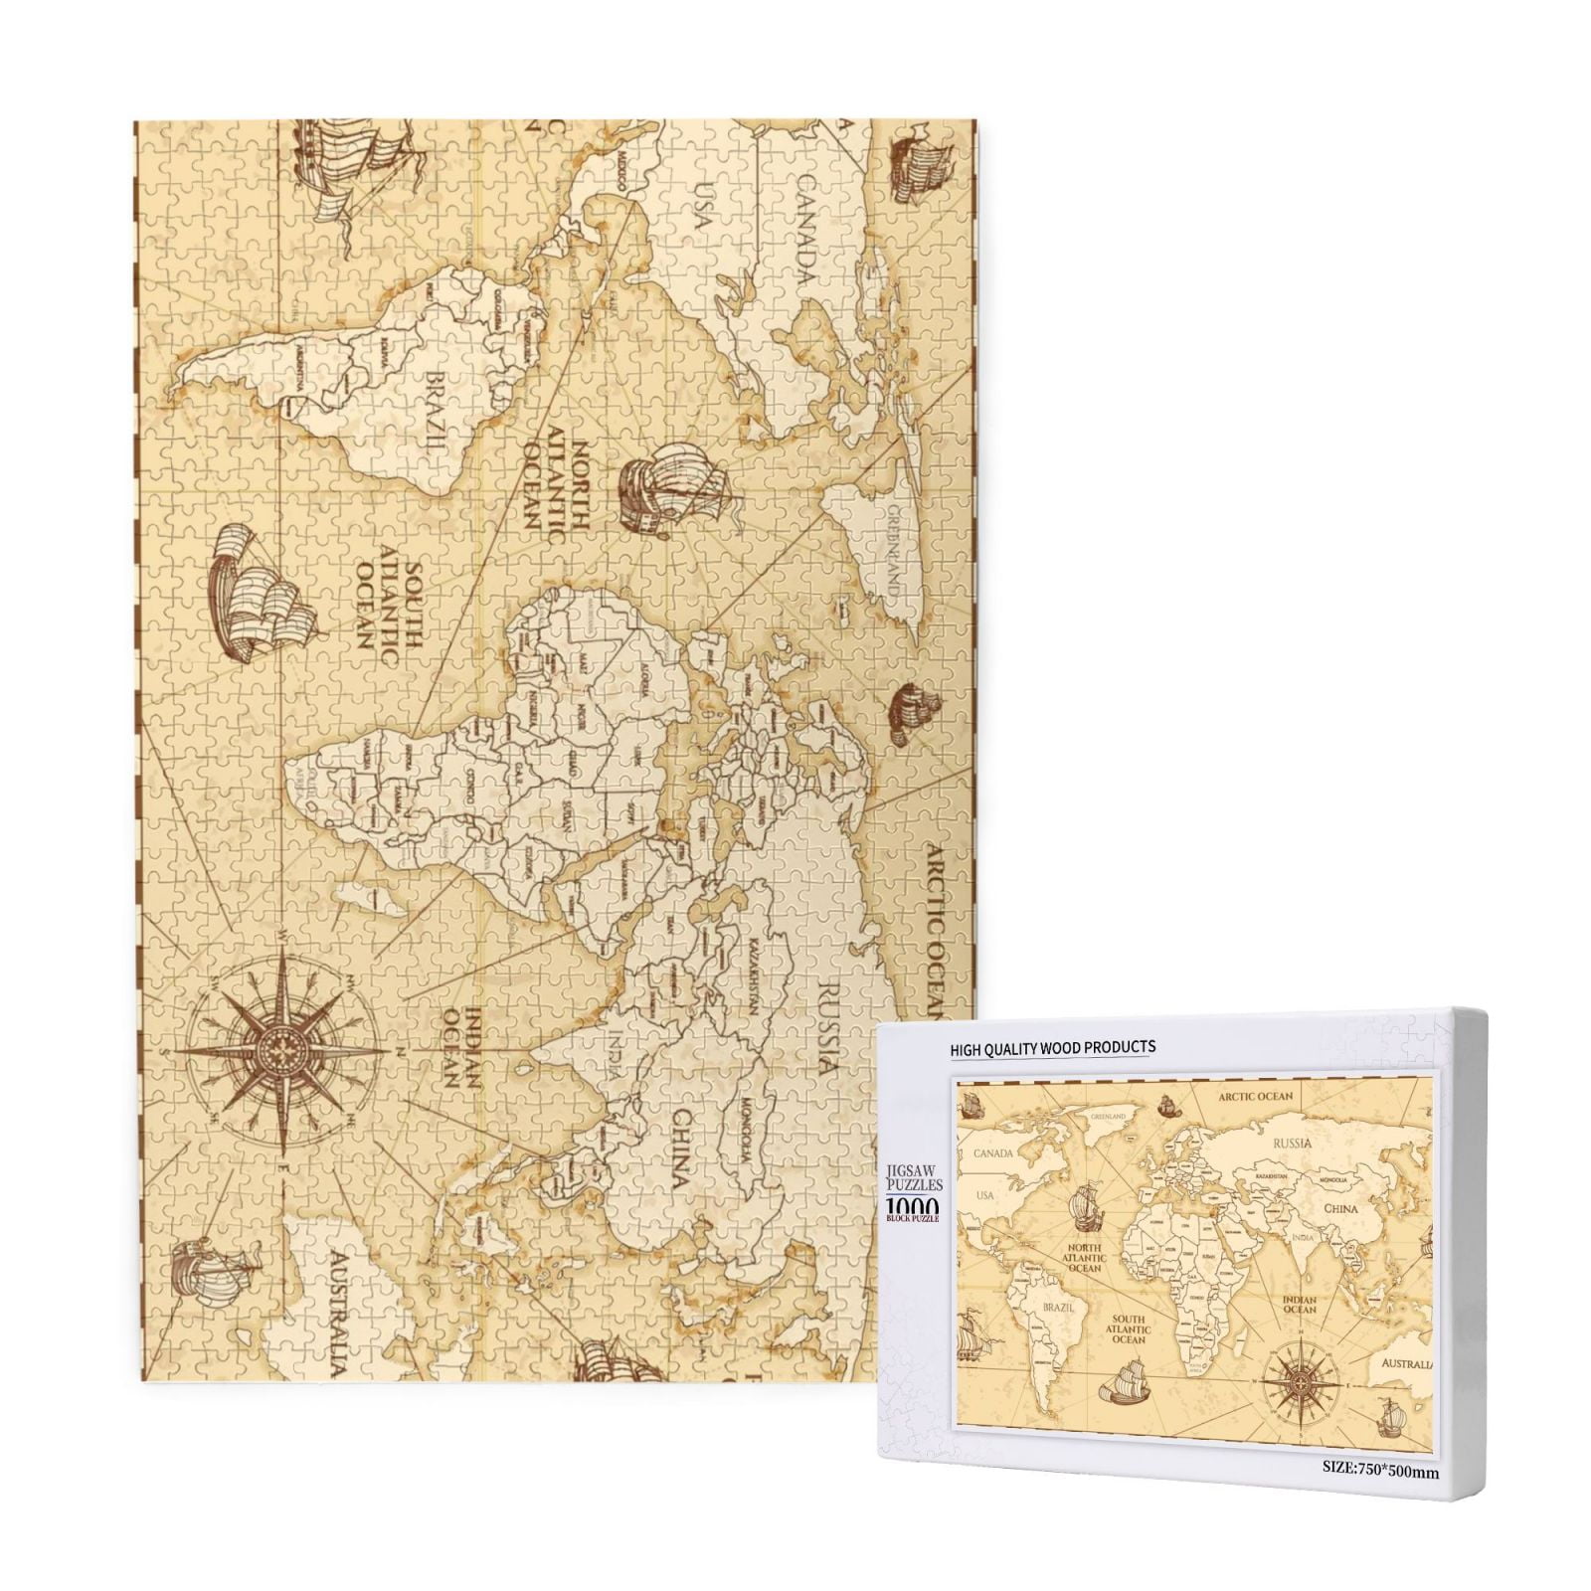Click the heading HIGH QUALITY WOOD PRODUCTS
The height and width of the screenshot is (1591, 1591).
pos(1053,1046)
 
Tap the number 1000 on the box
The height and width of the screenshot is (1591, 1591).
pos(911,1203)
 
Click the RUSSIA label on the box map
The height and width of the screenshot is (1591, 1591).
pos(1293,1144)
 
